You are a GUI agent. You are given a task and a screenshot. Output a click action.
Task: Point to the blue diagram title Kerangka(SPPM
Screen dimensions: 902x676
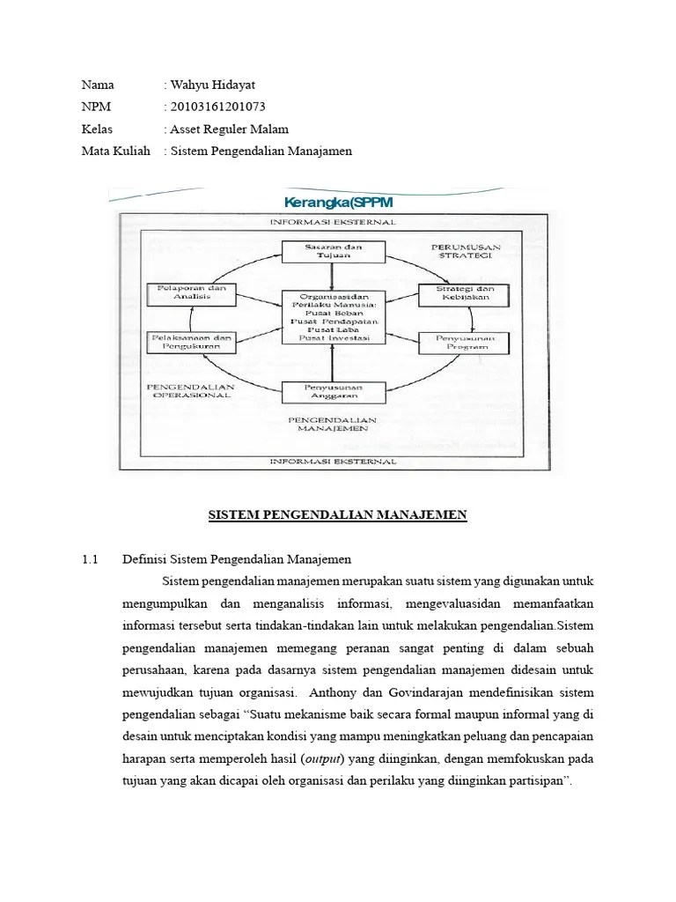[x=333, y=203]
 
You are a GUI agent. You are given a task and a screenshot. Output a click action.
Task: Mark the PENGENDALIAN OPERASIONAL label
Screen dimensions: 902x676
[x=193, y=390]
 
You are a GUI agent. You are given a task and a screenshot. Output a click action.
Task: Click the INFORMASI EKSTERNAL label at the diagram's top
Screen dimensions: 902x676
[x=332, y=223]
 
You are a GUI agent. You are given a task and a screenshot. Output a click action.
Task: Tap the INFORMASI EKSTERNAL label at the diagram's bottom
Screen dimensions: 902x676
[x=332, y=461]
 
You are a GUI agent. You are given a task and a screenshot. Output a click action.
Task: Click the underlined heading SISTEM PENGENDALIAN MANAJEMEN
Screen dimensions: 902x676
[x=337, y=514]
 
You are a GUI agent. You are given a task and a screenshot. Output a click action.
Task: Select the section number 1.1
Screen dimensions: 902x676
[x=90, y=559]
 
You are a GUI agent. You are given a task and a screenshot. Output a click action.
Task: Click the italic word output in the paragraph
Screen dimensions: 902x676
[x=323, y=758]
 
